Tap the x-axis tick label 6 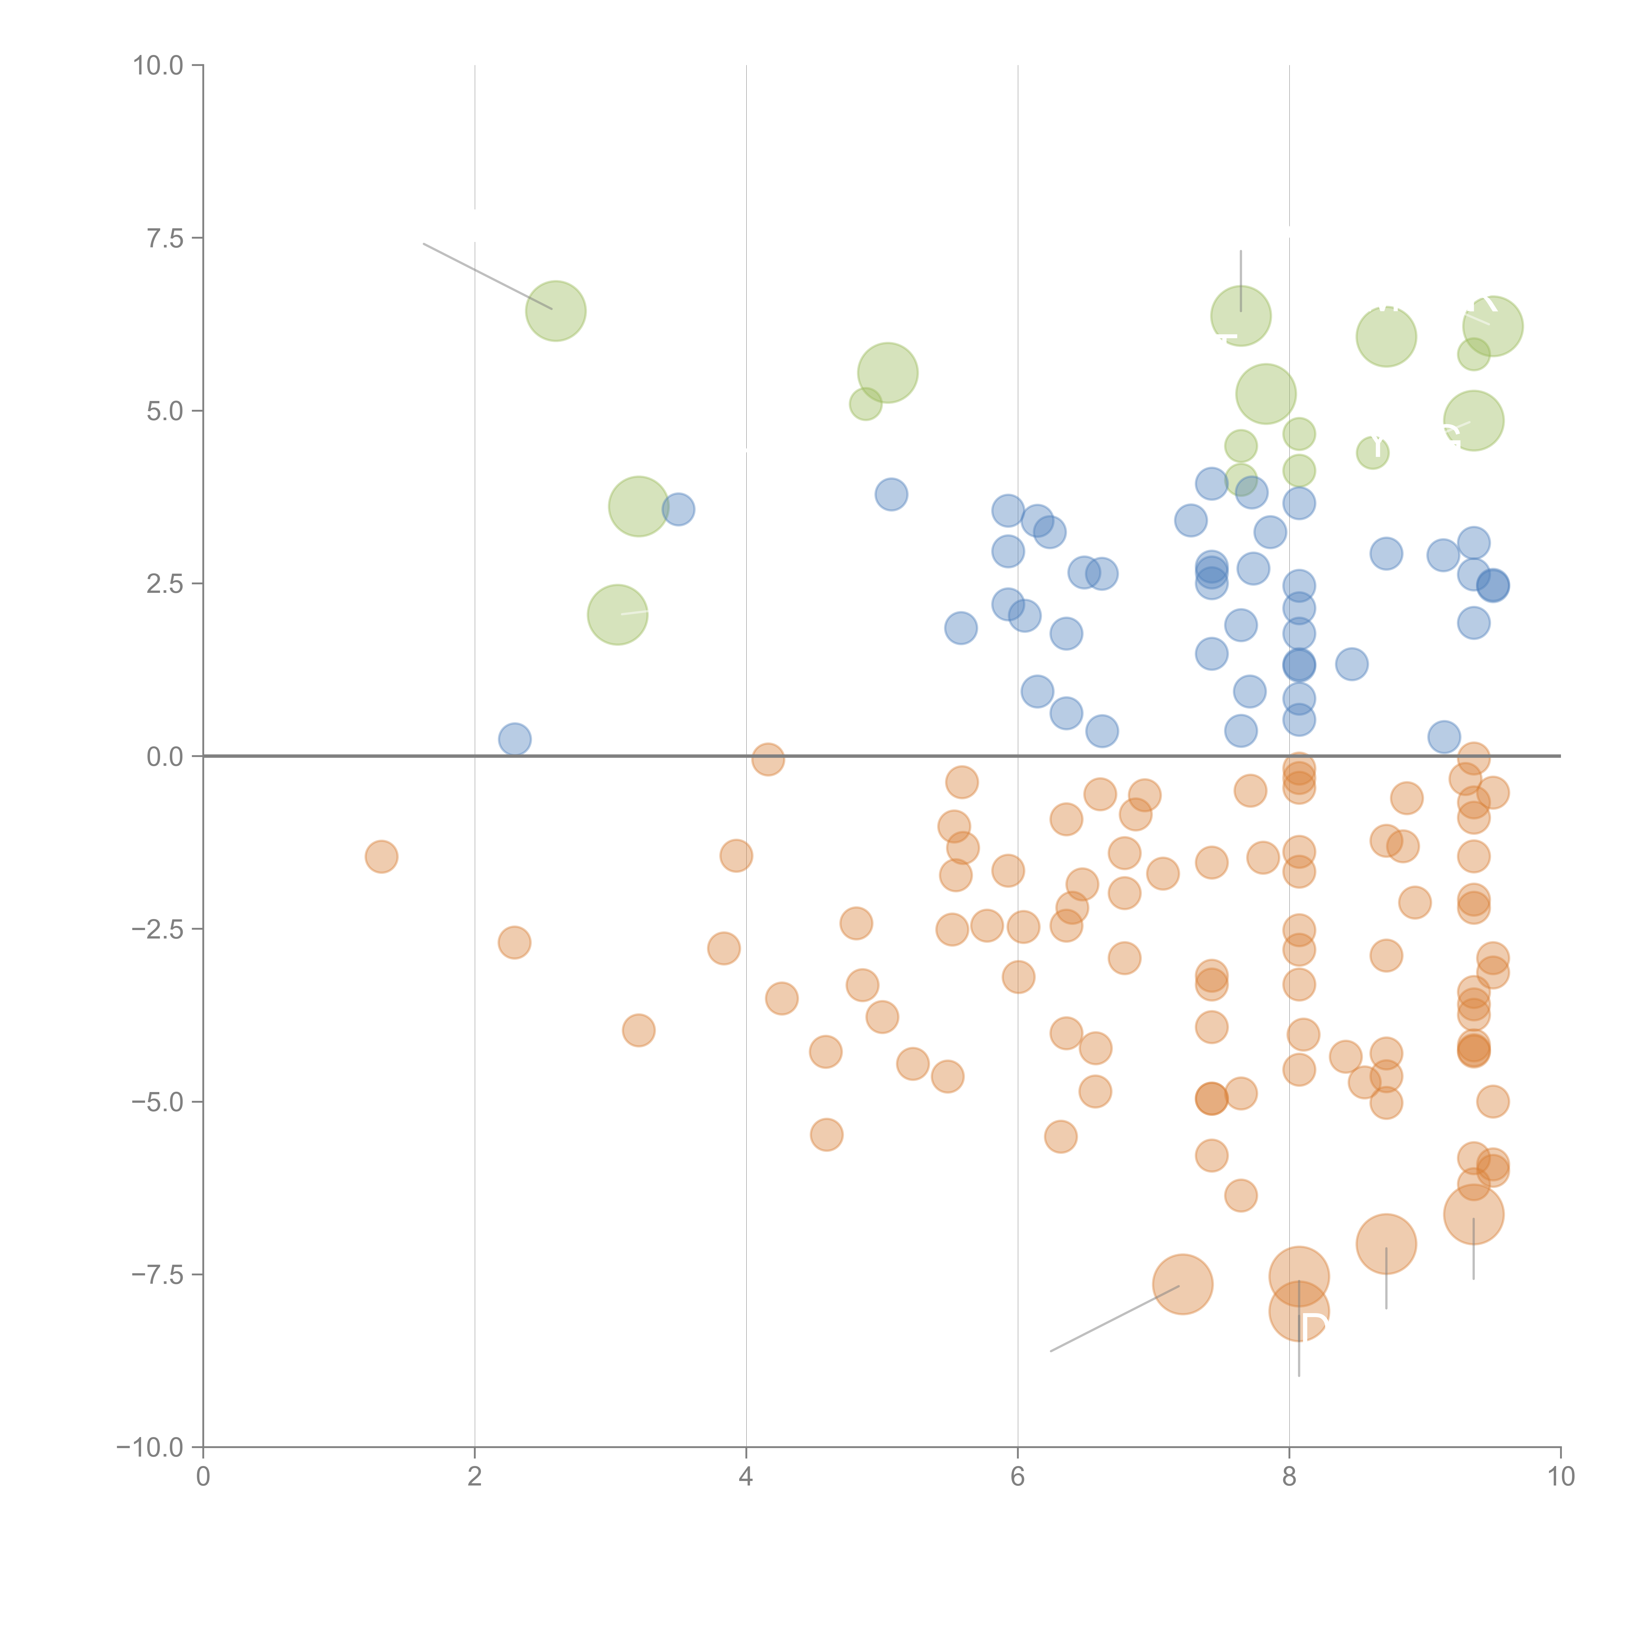pos(1018,1477)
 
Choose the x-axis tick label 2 pos(475,1477)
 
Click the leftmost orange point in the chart pos(381,857)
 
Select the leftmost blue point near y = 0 pos(514,739)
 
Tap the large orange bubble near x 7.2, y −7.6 pos(1182,1284)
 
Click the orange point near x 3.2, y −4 pos(639,1030)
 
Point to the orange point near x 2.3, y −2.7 pos(514,943)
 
